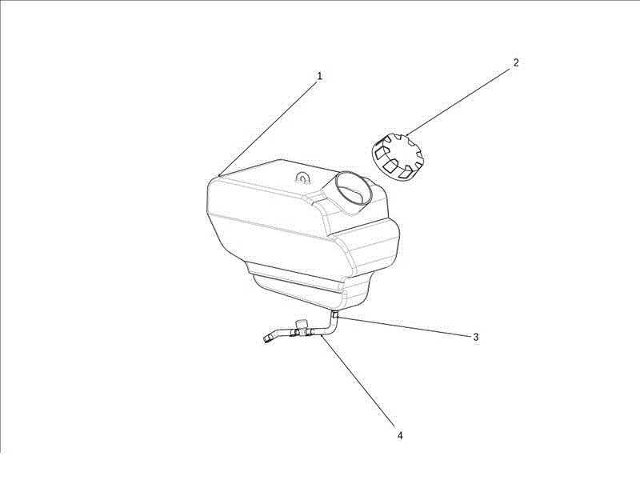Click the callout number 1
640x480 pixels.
point(319,76)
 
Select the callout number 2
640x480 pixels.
point(516,63)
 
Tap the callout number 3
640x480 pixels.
point(475,337)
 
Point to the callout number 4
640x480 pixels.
point(400,435)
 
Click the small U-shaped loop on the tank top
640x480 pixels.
point(302,177)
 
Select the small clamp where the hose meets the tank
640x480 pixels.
point(334,314)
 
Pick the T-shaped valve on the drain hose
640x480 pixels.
point(302,328)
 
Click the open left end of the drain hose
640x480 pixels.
point(267,338)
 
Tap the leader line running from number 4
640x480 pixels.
point(358,381)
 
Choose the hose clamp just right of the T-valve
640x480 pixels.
point(311,332)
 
